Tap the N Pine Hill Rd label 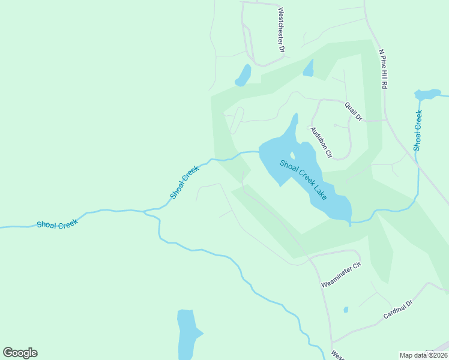pyautogui.click(x=382, y=68)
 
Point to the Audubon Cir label pyautogui.click(x=321, y=142)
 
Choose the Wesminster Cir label pyautogui.click(x=340, y=274)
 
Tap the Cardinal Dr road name pyautogui.click(x=399, y=310)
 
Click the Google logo pyautogui.click(x=20, y=353)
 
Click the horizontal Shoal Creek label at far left pyautogui.click(x=57, y=225)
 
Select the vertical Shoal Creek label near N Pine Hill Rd pyautogui.click(x=418, y=130)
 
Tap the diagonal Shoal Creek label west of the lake pyautogui.click(x=184, y=182)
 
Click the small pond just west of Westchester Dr pyautogui.click(x=243, y=76)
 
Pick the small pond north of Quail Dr pyautogui.click(x=309, y=68)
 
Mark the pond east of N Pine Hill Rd pyautogui.click(x=427, y=94)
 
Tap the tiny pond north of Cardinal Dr pyautogui.click(x=346, y=310)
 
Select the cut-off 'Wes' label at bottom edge pyautogui.click(x=337, y=355)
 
